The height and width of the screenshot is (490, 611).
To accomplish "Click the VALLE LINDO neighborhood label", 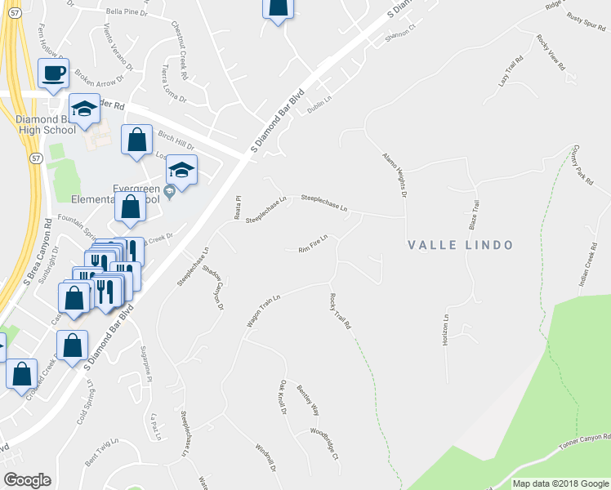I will [461, 245].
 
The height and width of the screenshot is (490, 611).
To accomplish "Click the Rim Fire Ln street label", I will [313, 243].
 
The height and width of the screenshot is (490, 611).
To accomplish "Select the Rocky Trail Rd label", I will [340, 312].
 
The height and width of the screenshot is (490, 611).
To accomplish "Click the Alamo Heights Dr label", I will [394, 174].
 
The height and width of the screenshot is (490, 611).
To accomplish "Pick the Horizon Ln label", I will [446, 327].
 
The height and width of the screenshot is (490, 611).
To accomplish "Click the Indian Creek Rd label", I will [584, 268].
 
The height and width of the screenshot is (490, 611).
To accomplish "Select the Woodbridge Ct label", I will [323, 443].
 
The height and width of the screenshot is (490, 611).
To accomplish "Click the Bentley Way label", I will [308, 399].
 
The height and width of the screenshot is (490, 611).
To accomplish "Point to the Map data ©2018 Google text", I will [561, 483].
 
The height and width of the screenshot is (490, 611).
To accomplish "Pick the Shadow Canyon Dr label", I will [217, 289].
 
